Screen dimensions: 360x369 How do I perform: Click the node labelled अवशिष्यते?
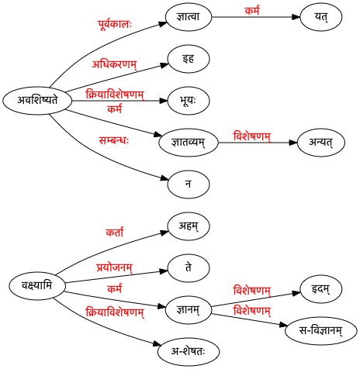[37, 101]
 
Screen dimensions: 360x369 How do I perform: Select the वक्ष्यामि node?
[37, 286]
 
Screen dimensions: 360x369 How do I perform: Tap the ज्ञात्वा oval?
[189, 17]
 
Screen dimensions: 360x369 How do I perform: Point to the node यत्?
[321, 17]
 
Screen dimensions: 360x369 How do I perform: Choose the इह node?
[189, 59]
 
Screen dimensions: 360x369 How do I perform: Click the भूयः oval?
[189, 101]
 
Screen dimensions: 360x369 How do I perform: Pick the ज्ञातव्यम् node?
[189, 143]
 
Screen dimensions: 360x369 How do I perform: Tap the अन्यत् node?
[321, 143]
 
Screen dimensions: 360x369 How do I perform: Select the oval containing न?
[189, 184]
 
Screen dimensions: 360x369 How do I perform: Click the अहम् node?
[189, 226]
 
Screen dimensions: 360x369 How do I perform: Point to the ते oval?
[189, 267]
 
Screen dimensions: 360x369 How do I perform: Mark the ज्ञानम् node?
[189, 309]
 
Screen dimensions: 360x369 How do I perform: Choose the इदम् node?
[321, 288]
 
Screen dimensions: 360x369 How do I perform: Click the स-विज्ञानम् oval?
[321, 330]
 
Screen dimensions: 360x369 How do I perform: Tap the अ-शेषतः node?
[189, 351]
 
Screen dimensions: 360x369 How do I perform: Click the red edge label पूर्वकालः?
[115, 25]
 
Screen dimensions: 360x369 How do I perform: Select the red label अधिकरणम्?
[115, 64]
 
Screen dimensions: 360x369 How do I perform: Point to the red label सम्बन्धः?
[114, 141]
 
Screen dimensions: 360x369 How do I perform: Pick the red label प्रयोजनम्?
[115, 267]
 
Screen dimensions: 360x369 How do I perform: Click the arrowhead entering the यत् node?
[296, 17]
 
